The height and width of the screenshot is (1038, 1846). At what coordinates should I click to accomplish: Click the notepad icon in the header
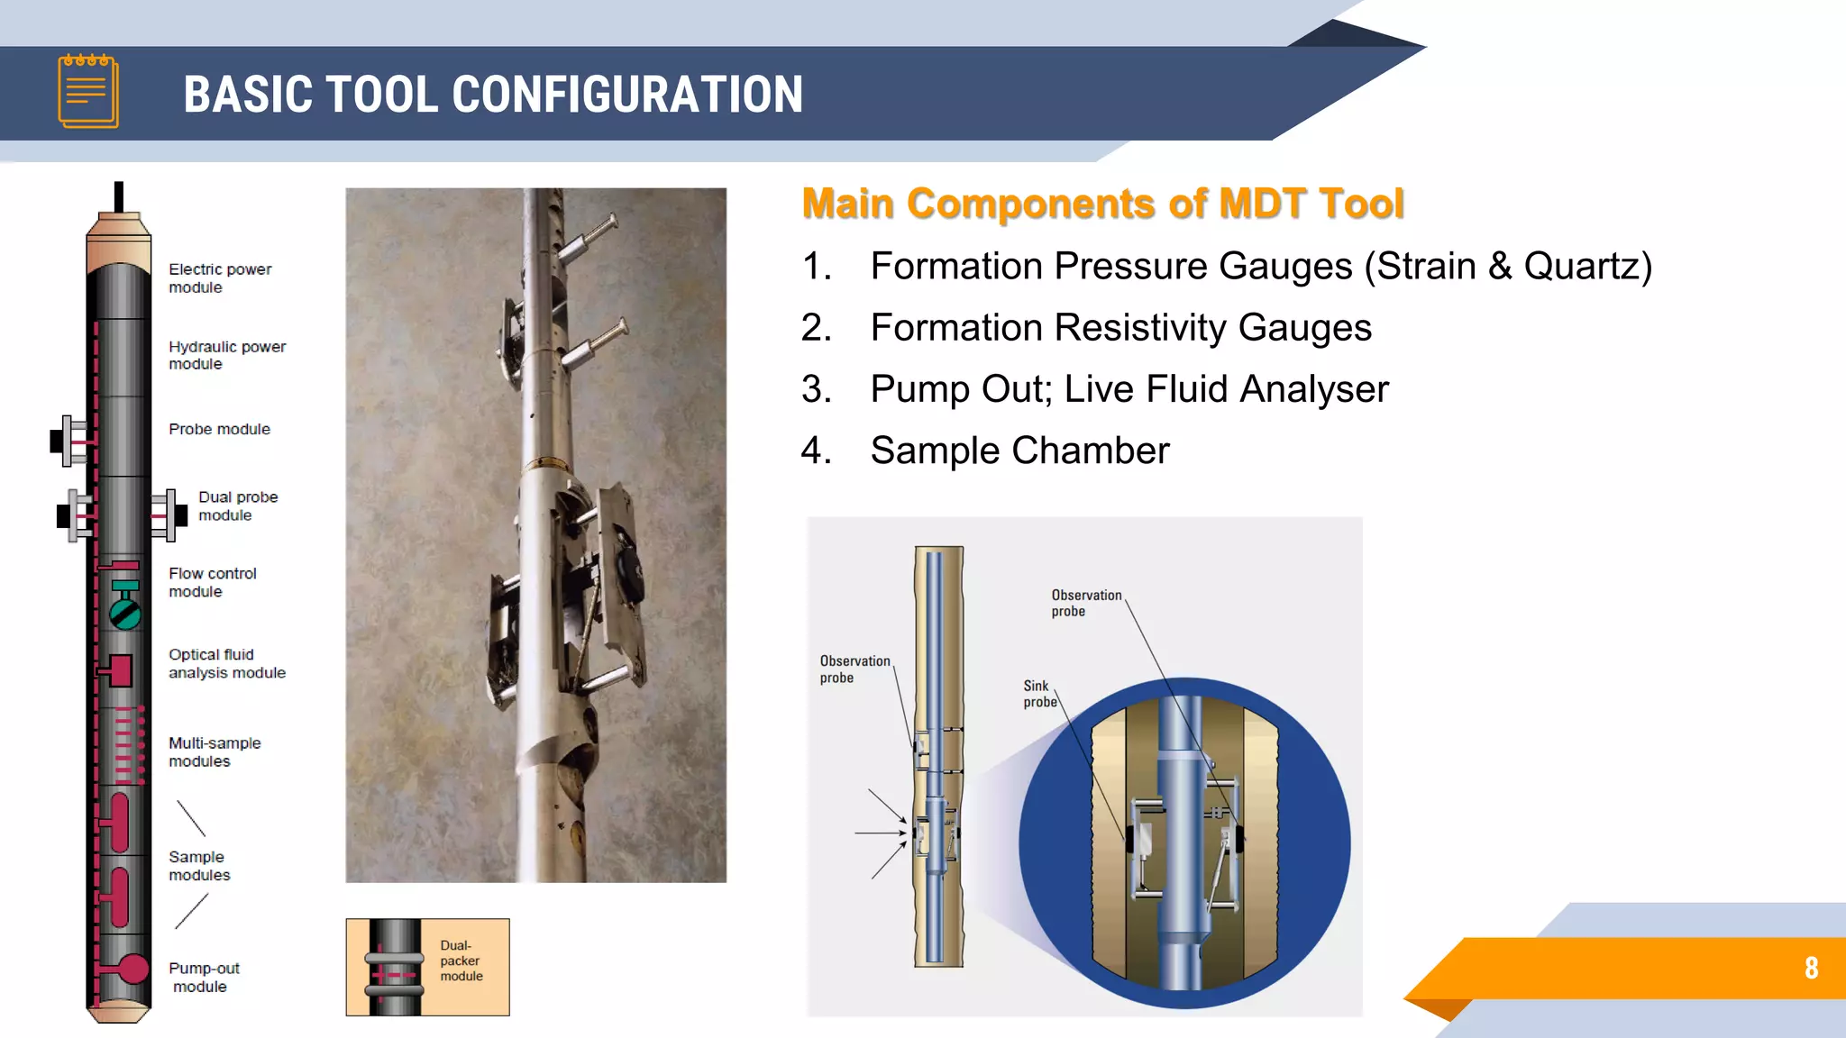pos(88,91)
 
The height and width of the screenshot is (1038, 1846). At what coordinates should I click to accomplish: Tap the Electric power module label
pos(219,278)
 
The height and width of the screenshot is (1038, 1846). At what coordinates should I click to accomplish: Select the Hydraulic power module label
pos(226,355)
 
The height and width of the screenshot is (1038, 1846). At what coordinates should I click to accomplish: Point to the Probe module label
pos(219,429)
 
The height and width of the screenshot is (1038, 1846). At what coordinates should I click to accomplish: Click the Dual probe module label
pos(237,506)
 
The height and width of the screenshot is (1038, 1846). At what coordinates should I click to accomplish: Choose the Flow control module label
pos(212,582)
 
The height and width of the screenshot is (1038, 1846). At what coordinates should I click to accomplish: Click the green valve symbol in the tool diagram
pos(125,614)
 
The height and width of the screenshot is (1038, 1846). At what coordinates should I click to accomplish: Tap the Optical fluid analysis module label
pos(226,663)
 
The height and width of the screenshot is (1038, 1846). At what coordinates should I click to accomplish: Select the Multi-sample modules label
pos(214,751)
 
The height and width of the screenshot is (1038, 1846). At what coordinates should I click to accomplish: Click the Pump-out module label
pos(204,977)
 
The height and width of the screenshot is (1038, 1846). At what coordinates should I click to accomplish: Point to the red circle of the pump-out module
pos(133,969)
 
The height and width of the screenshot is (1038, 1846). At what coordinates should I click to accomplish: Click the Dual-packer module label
pos(461,961)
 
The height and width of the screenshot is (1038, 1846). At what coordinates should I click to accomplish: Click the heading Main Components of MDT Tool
pos(1102,204)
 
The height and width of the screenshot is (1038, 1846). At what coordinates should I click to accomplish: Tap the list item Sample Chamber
pos(1019,451)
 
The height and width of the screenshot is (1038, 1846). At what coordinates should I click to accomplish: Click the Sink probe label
pos(1038,694)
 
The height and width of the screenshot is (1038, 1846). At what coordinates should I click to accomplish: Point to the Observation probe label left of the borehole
pos(854,669)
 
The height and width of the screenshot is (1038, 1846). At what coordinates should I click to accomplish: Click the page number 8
pos(1811,968)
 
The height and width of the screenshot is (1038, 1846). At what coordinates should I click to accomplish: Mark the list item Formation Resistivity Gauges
pos(1119,328)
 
